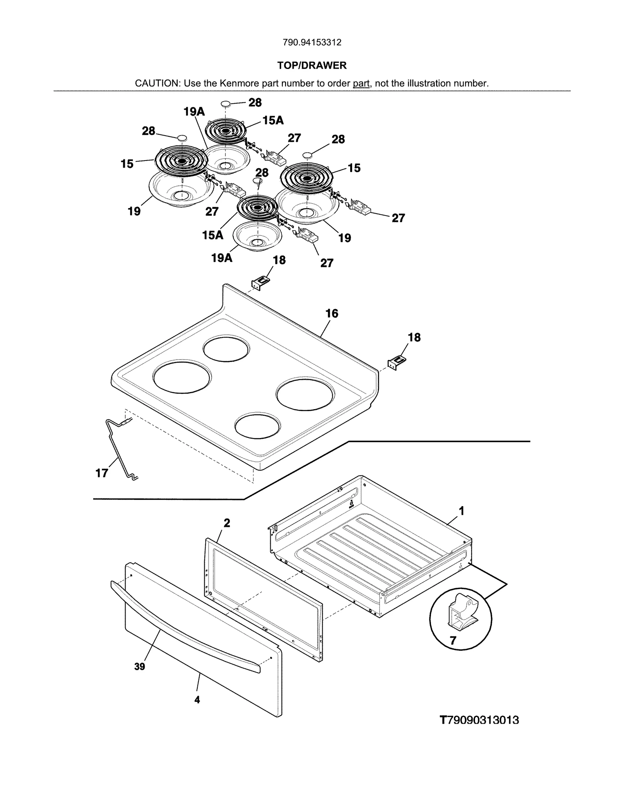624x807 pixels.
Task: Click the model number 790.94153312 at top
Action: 312,42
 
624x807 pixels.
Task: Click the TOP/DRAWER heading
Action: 312,65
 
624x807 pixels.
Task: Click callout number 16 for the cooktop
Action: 331,313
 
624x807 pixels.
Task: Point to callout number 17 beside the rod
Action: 102,473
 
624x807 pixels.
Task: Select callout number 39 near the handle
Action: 140,667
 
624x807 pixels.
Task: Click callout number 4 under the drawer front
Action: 197,700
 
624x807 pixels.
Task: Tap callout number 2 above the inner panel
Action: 227,523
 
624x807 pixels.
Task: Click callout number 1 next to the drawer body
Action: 461,510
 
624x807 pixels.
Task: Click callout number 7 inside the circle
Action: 453,641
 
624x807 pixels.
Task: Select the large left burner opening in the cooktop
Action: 182,378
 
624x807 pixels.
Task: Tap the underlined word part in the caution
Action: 361,83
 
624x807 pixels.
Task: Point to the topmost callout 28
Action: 255,102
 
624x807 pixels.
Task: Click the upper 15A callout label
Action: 273,120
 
